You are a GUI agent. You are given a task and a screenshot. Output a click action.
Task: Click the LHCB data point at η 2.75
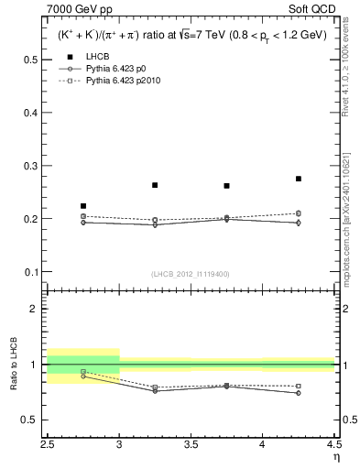click(83, 206)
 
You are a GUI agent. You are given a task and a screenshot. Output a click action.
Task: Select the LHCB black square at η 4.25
click(299, 179)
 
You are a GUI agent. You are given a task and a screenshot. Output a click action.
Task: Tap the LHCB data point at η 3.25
click(155, 185)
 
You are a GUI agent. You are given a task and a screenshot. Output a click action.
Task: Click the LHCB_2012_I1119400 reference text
click(191, 274)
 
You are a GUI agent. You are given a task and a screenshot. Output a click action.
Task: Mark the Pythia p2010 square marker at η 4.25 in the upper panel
click(299, 213)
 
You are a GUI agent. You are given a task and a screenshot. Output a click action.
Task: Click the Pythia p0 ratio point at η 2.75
click(83, 376)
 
